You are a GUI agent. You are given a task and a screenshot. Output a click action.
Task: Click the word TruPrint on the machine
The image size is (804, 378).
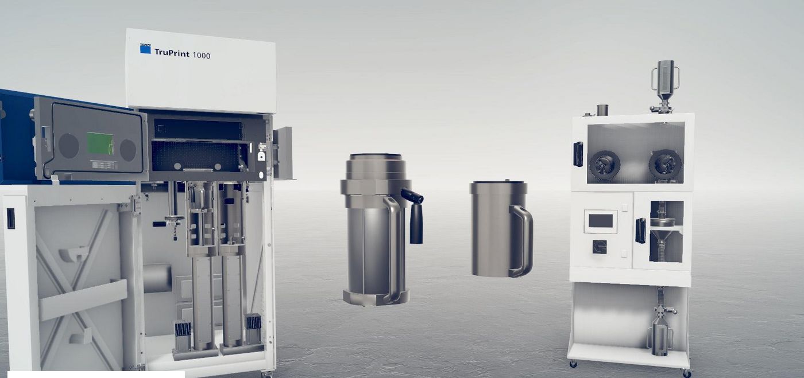(x=172, y=53)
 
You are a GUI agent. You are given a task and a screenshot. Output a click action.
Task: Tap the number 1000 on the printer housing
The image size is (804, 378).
(x=202, y=55)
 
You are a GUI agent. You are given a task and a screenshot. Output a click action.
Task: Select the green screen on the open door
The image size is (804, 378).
(x=100, y=143)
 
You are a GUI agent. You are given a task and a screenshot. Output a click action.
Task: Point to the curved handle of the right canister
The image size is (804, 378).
(x=522, y=240)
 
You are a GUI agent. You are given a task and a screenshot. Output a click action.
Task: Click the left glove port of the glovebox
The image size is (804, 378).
(x=604, y=165)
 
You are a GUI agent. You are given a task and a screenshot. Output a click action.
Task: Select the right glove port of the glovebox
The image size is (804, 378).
(x=665, y=164)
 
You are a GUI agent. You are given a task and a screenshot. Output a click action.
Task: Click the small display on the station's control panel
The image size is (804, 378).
(x=601, y=221)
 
